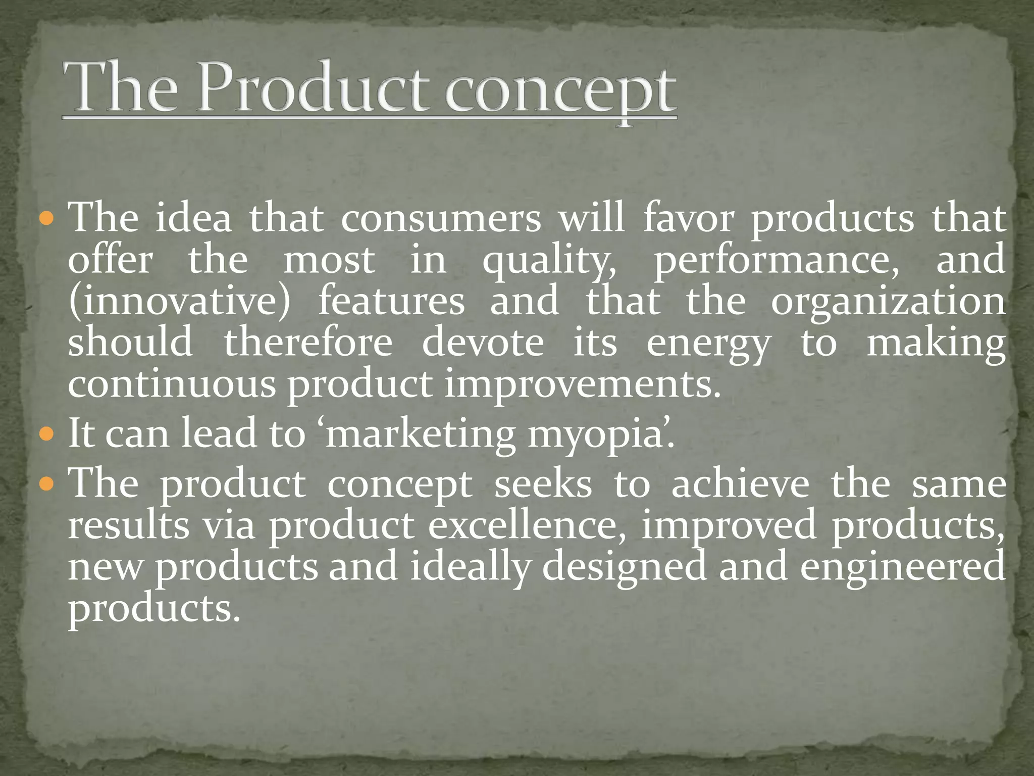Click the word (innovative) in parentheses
coord(180,302)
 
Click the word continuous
coord(172,385)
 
